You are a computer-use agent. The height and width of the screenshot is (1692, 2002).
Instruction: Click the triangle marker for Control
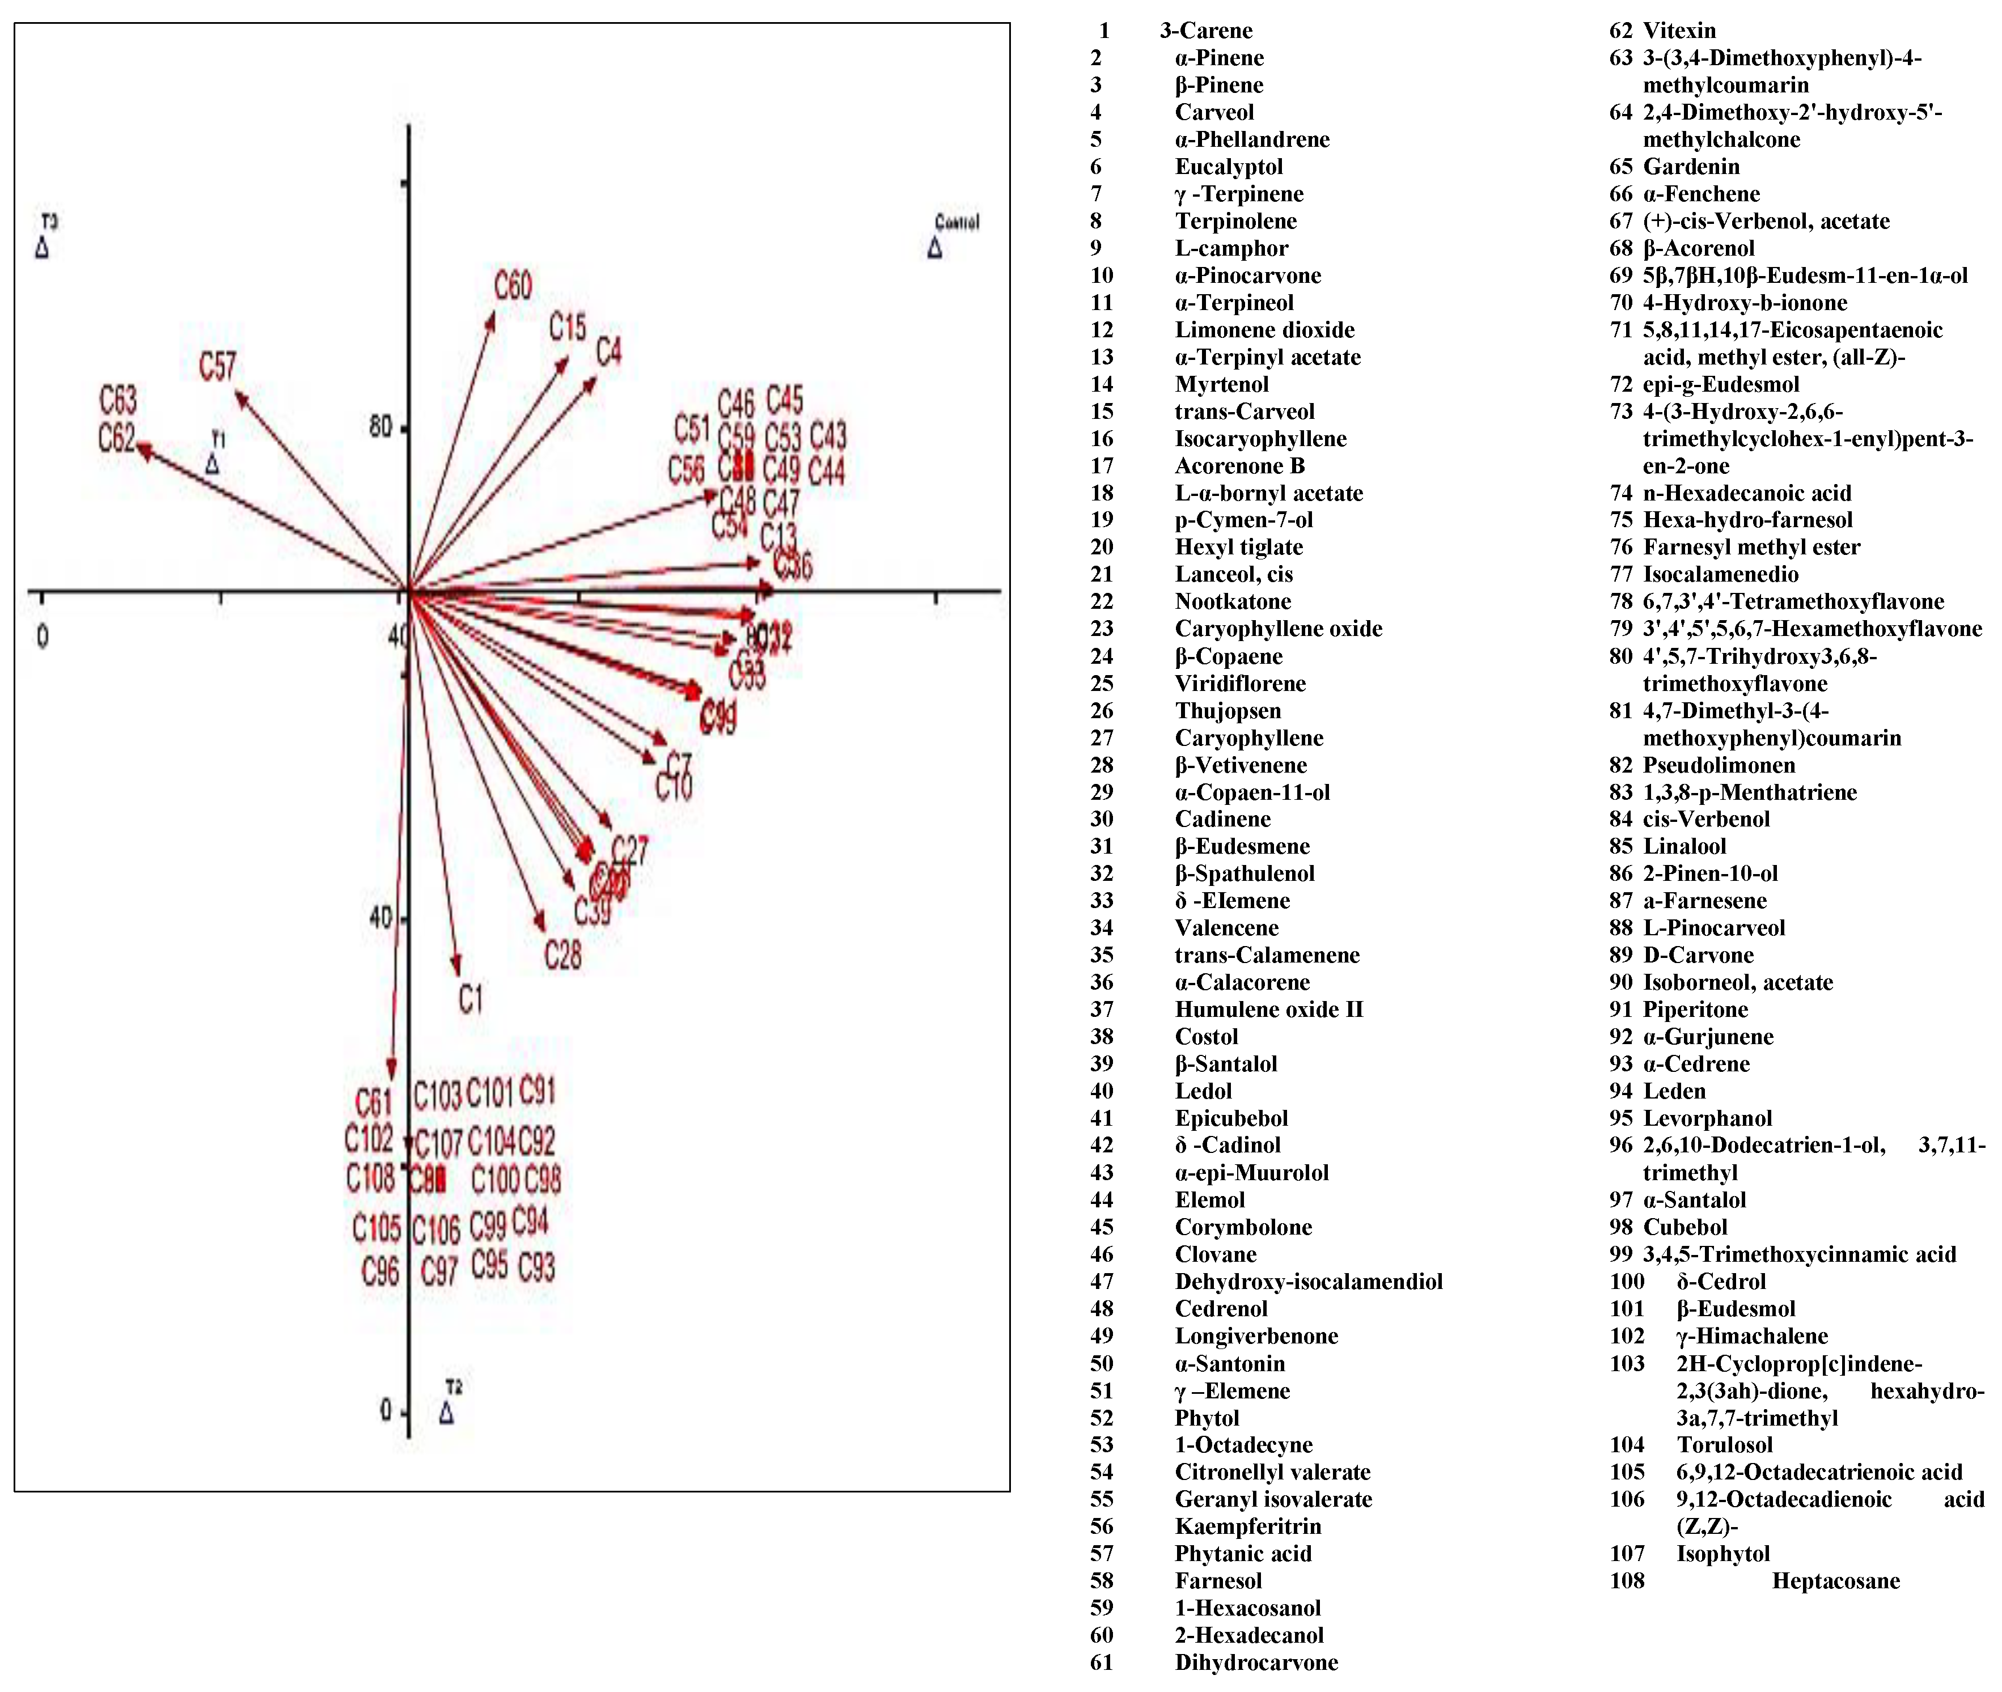934,248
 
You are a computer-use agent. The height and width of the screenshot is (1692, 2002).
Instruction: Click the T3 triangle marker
42,248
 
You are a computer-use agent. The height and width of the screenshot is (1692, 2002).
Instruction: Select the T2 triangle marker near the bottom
447,1413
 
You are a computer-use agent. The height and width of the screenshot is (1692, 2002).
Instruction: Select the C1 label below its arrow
470,999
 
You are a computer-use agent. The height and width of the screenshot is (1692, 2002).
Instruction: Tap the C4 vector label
608,351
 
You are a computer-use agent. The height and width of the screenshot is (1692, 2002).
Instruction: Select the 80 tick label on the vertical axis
381,426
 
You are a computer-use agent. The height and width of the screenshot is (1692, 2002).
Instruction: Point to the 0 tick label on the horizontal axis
42,637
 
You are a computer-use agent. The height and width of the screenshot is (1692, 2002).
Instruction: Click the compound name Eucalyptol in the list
1228,167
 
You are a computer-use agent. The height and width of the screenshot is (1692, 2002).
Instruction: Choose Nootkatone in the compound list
1233,601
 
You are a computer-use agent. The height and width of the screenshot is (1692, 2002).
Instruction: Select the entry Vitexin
1679,31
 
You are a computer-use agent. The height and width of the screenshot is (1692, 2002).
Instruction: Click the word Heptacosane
1835,1581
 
